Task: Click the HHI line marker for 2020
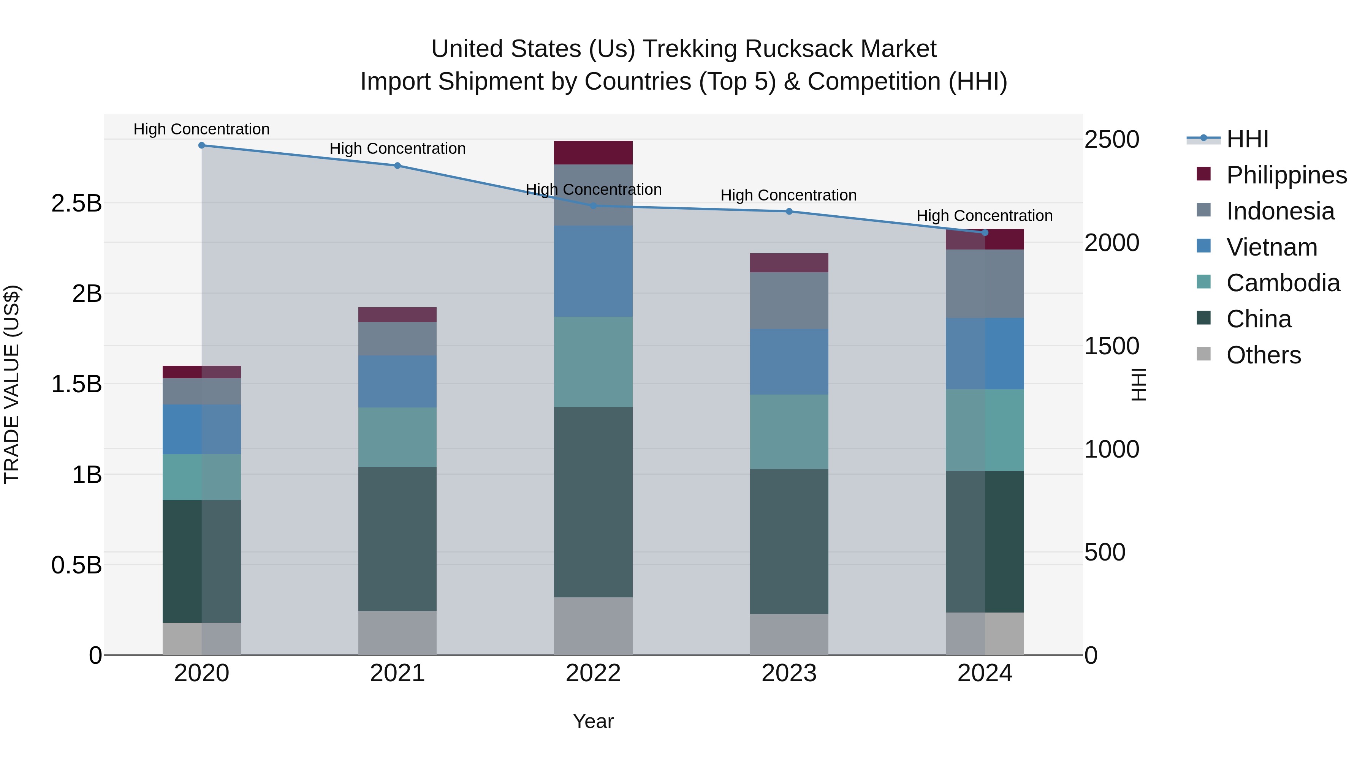pos(201,145)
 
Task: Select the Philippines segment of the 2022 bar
pos(593,153)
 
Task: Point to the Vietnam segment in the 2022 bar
pos(593,272)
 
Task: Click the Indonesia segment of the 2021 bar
pos(397,339)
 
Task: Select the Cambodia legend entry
pos(1282,283)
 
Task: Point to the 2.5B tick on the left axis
pos(76,203)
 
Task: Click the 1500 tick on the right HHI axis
pos(1111,346)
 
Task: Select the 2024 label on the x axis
pos(985,673)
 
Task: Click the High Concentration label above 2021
pos(397,148)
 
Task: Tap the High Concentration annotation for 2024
pos(984,216)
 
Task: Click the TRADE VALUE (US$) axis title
pos(12,384)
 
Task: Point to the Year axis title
pos(593,721)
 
